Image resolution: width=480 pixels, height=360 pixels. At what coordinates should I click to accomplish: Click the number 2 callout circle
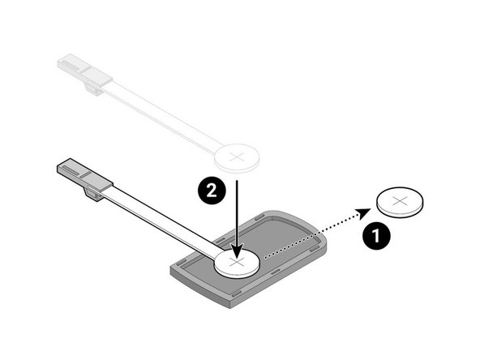point(210,191)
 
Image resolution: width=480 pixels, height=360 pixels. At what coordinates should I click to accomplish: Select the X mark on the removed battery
point(401,199)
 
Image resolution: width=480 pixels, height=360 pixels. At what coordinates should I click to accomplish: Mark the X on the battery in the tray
point(236,262)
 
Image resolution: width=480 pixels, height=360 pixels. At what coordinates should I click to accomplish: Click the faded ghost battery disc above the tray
point(236,157)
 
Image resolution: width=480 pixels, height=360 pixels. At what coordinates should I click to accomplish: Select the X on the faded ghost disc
point(236,155)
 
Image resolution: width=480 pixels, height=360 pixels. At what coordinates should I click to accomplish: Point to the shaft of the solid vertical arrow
point(236,211)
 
